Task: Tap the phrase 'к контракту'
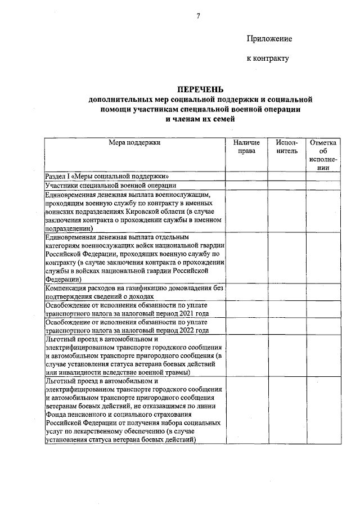click(x=268, y=58)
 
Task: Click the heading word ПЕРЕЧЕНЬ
click(x=200, y=89)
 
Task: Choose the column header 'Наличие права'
click(x=246, y=147)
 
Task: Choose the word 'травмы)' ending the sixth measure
click(x=178, y=372)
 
